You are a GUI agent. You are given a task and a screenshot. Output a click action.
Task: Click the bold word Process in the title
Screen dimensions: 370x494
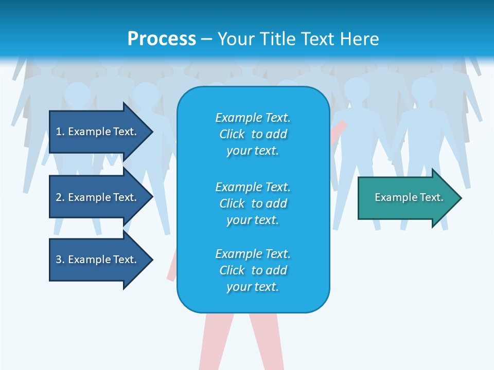point(162,39)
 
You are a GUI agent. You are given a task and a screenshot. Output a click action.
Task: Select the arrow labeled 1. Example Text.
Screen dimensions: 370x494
point(98,132)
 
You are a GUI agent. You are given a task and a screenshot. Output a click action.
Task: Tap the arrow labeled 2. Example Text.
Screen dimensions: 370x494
point(98,197)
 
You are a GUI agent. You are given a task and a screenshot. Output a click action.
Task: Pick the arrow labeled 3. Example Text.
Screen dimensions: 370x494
point(98,260)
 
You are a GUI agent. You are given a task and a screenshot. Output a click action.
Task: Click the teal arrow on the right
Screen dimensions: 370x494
point(407,197)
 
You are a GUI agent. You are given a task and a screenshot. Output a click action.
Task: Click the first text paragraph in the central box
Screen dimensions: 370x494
point(253,134)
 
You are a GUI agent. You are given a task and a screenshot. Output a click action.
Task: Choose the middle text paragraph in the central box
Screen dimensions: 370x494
point(253,203)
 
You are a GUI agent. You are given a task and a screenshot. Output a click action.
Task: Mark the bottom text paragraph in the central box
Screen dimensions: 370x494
point(253,270)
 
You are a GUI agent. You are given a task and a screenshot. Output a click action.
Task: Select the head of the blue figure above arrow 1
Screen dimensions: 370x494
point(78,95)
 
